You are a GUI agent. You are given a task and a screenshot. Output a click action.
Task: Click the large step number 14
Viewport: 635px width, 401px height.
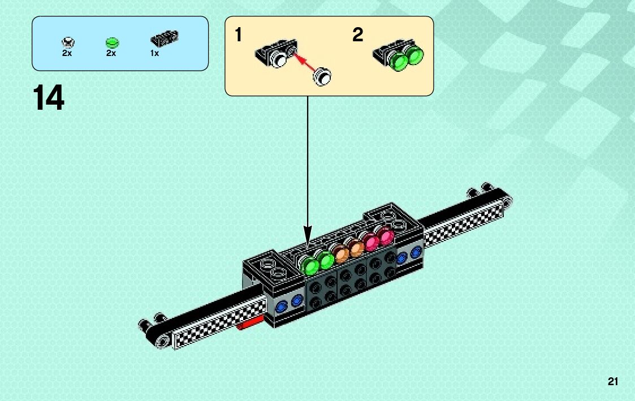tap(48, 98)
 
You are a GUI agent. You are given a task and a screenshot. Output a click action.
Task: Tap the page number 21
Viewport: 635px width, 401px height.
tap(613, 382)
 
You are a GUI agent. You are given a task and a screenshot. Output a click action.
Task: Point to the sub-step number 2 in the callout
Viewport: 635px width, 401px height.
tap(357, 36)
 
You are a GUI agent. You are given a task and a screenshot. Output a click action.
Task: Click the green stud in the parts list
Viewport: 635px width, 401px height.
tap(111, 42)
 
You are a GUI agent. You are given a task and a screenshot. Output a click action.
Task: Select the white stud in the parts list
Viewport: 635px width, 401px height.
tap(68, 42)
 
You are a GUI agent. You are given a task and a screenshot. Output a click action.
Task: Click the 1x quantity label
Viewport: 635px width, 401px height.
tap(154, 53)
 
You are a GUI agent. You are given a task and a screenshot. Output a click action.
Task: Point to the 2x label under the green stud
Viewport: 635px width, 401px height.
tap(111, 53)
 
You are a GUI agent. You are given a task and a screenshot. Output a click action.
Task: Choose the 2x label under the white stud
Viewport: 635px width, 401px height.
tap(67, 53)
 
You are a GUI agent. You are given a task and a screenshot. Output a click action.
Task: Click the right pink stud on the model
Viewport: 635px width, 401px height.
tap(386, 236)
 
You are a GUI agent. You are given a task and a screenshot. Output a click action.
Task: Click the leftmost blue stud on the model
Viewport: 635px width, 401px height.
tap(281, 307)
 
